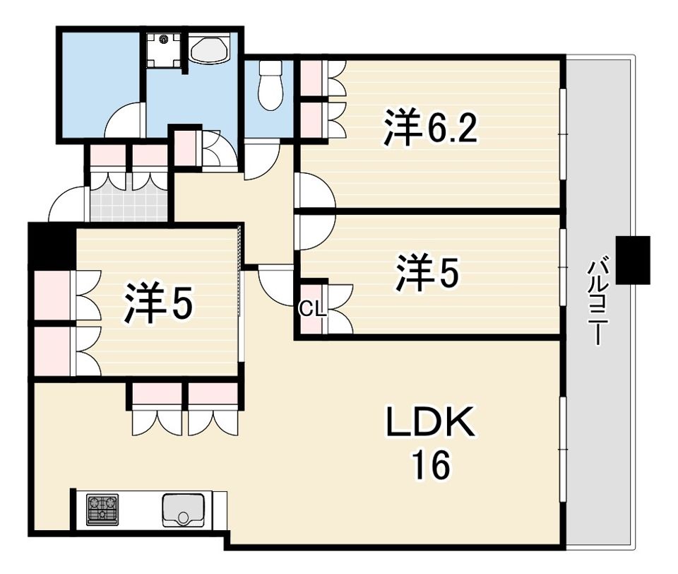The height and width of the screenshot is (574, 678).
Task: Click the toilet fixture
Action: pos(270,86)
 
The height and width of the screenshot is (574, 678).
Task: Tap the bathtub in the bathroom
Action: pos(209,49)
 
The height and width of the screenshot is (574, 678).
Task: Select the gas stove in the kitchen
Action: pos(102,510)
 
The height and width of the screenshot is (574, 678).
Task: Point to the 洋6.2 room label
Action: pos(431,128)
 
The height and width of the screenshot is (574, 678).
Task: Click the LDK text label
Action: pos(431,421)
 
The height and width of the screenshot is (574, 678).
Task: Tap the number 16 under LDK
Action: pos(431,465)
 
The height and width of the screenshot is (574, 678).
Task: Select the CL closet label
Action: pos(313,309)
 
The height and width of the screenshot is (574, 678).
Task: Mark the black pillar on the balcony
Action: pos(633,260)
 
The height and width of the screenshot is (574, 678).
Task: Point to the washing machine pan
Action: pos(163,50)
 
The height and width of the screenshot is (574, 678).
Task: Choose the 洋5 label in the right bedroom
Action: pos(427,272)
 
